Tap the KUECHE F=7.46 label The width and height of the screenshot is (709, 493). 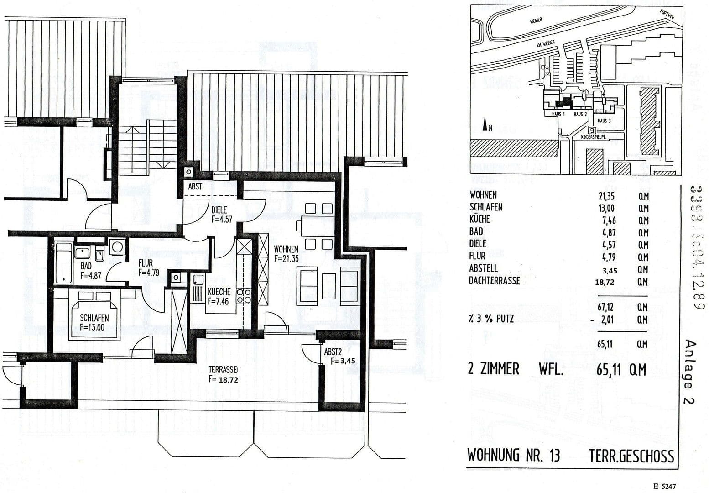[219, 296]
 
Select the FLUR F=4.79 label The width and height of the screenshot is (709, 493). [146, 268]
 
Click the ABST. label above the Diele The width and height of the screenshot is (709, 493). [196, 187]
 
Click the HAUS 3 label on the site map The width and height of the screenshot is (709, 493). [604, 121]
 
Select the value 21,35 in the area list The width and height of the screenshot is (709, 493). [605, 196]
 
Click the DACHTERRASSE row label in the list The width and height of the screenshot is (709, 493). [494, 281]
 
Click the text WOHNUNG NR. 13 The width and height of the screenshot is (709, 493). [514, 455]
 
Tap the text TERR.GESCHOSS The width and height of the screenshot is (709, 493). [631, 456]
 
